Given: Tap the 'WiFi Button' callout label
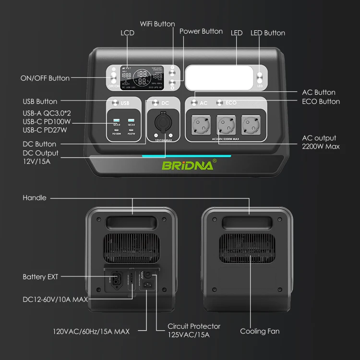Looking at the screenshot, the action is pos(157,24).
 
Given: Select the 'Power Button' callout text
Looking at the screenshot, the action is pos(201,31).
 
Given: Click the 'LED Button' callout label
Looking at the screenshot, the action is pos(267,33).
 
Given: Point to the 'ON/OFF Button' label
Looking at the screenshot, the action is pos(45,78).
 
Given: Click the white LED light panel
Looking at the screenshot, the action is pos(219,77).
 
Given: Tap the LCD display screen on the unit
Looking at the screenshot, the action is pos(142,77).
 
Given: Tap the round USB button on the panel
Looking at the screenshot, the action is pos(116,103).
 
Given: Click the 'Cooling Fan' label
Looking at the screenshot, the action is pos(260,331).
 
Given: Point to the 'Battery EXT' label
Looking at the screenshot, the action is pos(40,277).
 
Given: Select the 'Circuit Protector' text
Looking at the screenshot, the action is pos(194,326).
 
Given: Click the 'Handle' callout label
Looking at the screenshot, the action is pos(35,198).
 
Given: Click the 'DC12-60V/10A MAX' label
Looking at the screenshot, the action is pos(55,299).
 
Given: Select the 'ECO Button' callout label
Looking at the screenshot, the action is pos(321,101).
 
